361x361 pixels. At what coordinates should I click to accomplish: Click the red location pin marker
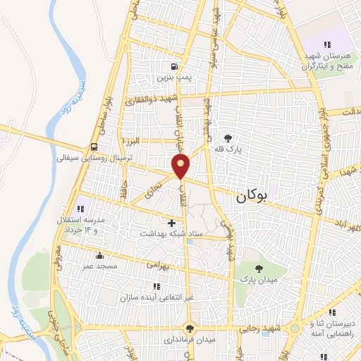(182, 166)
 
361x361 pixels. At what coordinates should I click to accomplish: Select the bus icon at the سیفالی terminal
(93, 147)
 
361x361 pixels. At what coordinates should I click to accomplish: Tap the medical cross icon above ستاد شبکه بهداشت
(171, 222)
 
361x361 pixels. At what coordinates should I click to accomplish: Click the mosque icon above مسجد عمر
(100, 256)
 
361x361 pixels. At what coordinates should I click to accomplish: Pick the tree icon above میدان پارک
(259, 269)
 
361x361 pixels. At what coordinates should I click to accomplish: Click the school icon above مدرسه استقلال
(80, 209)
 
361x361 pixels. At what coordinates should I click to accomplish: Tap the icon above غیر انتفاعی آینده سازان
(156, 286)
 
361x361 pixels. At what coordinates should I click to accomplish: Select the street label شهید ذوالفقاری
(151, 99)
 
